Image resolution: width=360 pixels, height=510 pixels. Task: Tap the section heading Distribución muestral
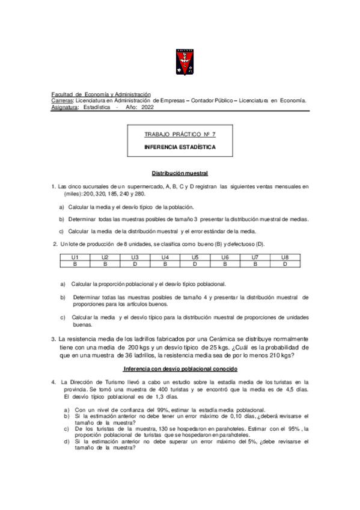point(180,173)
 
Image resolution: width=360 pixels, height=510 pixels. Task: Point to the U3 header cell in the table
point(135,257)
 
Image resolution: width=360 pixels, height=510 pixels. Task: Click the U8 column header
point(285,257)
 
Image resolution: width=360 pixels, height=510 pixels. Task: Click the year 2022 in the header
point(148,107)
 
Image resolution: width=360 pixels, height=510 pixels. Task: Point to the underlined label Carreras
point(63,100)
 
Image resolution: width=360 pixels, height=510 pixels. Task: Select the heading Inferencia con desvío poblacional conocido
point(180,368)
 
